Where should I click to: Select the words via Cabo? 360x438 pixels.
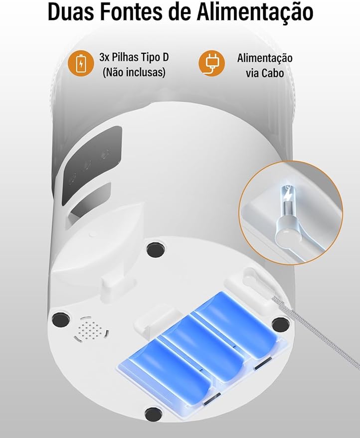pyautogui.click(x=264, y=73)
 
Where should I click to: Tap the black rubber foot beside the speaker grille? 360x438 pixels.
pyautogui.click(x=60, y=318)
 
